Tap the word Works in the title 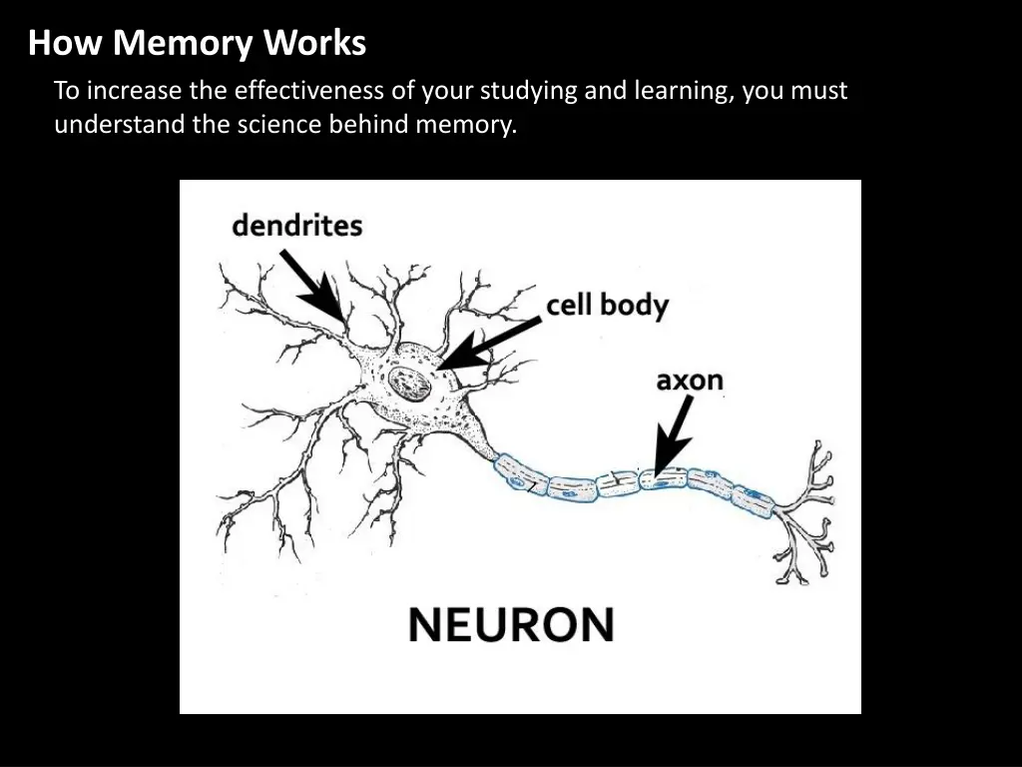pos(316,44)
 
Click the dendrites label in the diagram pos(296,226)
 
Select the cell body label pos(607,305)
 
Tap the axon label pos(689,382)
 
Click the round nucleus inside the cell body pos(407,381)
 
